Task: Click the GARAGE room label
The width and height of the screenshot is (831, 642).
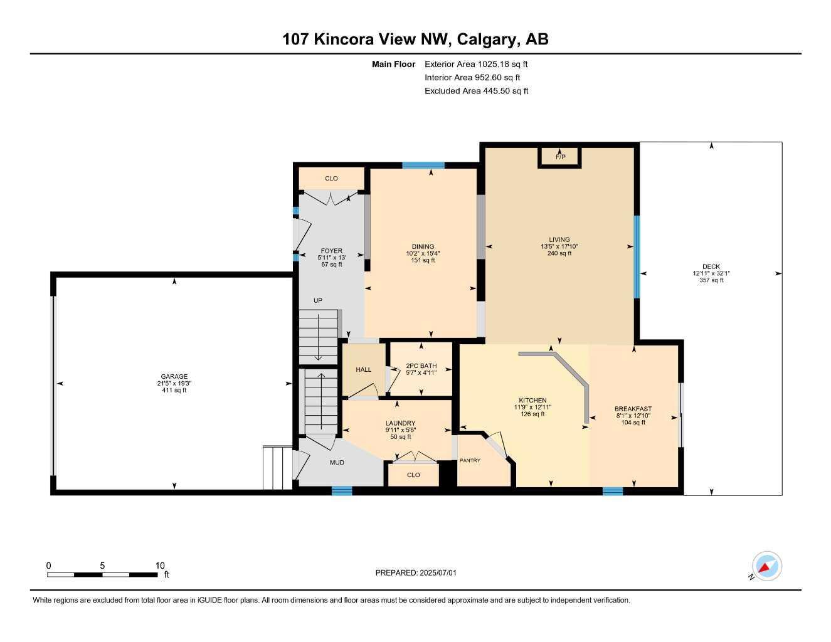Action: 174,376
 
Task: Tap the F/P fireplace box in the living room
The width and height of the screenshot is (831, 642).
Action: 559,157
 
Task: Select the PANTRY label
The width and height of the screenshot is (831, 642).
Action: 470,460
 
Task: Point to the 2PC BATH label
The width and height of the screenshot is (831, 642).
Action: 421,366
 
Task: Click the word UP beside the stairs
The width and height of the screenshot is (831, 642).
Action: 318,301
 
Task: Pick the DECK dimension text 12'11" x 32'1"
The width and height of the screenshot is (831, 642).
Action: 711,273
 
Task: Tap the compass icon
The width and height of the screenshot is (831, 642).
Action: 766,566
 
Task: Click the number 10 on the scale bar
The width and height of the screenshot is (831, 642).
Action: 160,565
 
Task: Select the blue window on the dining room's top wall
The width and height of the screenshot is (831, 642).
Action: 423,166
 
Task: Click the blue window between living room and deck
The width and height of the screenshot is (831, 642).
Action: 637,257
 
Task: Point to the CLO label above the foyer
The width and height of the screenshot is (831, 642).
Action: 331,179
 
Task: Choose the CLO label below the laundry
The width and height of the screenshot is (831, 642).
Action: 413,475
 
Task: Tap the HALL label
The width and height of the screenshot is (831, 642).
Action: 363,369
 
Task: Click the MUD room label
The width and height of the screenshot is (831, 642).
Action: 337,463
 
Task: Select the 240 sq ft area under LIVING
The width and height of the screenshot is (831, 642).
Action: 559,253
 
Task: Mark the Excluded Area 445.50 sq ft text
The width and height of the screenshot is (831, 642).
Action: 476,91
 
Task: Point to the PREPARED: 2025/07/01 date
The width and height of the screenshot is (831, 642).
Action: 416,573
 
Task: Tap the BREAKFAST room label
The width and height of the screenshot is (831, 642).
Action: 633,409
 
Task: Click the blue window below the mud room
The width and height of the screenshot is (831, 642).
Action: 342,491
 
